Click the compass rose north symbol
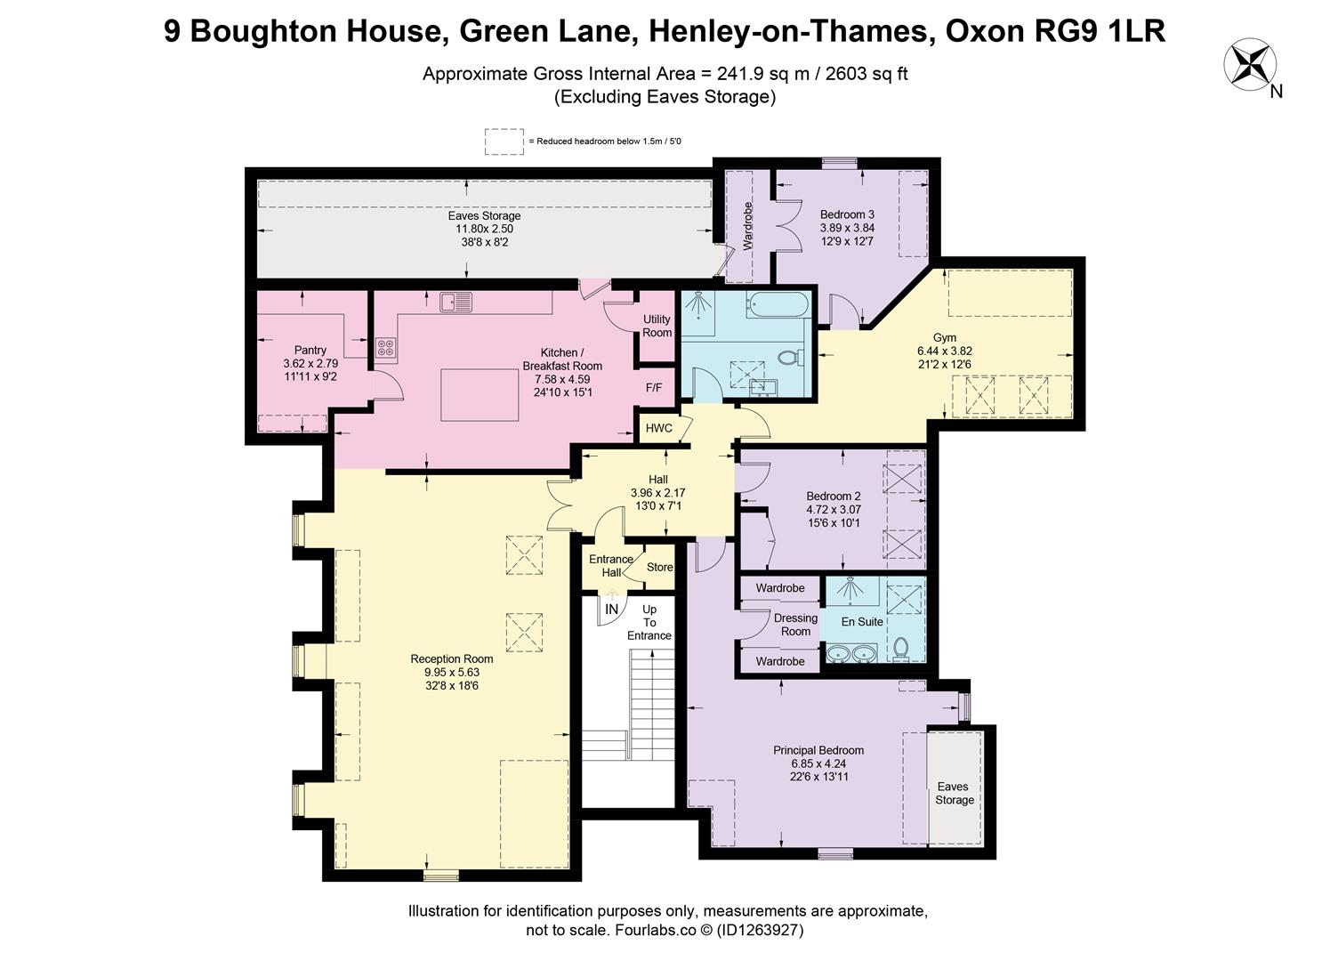tap(1249, 64)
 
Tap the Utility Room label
tap(657, 327)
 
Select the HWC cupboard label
tap(658, 428)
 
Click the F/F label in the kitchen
tap(654, 388)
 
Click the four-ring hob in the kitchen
tap(385, 347)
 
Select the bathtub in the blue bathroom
tap(778, 305)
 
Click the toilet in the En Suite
tap(901, 648)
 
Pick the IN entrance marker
tap(611, 610)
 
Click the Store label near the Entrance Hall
tap(659, 567)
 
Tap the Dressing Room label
tap(795, 625)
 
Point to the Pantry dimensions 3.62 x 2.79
tap(310, 364)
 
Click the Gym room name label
tap(944, 337)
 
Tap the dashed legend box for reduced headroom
tap(504, 141)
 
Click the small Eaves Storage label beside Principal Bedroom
tap(954, 793)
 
